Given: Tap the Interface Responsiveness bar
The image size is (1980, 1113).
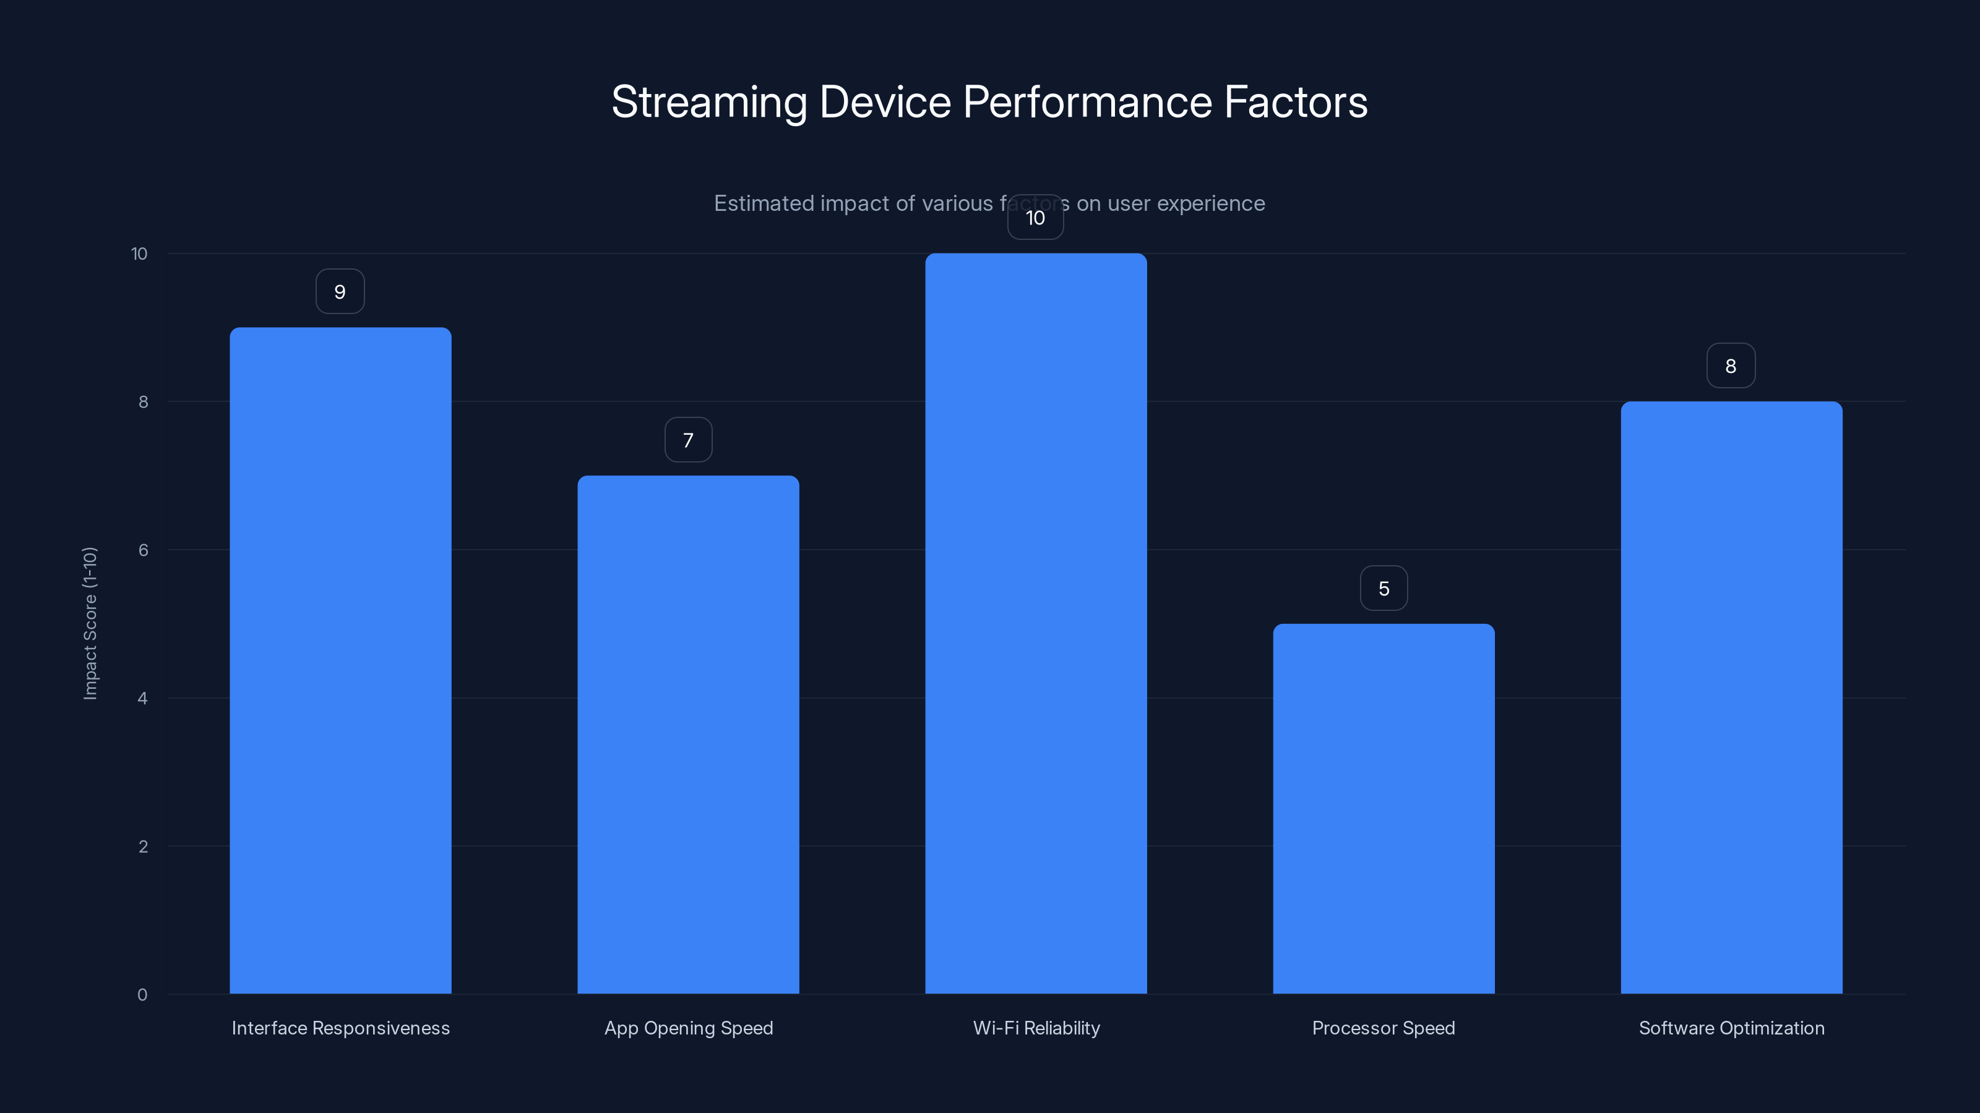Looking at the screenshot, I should point(340,660).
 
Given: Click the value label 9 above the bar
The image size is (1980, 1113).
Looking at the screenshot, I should point(340,292).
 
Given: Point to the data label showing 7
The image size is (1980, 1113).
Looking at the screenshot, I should point(688,440).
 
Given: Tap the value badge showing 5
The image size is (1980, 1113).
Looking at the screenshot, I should point(1384,589).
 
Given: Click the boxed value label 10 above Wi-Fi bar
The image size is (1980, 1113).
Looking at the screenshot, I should point(1035,218).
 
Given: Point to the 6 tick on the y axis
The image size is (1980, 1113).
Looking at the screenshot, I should point(143,550).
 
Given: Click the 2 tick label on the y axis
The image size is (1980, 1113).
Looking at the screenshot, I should point(143,846).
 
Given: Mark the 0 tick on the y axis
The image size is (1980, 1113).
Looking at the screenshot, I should point(142,995).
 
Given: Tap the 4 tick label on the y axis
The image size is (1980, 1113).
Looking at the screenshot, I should point(142,698).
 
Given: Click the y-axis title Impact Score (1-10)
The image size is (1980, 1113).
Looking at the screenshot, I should point(90,623).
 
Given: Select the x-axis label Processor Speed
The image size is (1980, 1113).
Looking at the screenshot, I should point(1383,1028).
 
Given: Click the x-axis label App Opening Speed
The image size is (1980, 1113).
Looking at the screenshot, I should point(688,1028).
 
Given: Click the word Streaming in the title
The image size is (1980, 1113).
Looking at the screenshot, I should point(708,103).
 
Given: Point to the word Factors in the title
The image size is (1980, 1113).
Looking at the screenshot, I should point(1295,101).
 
